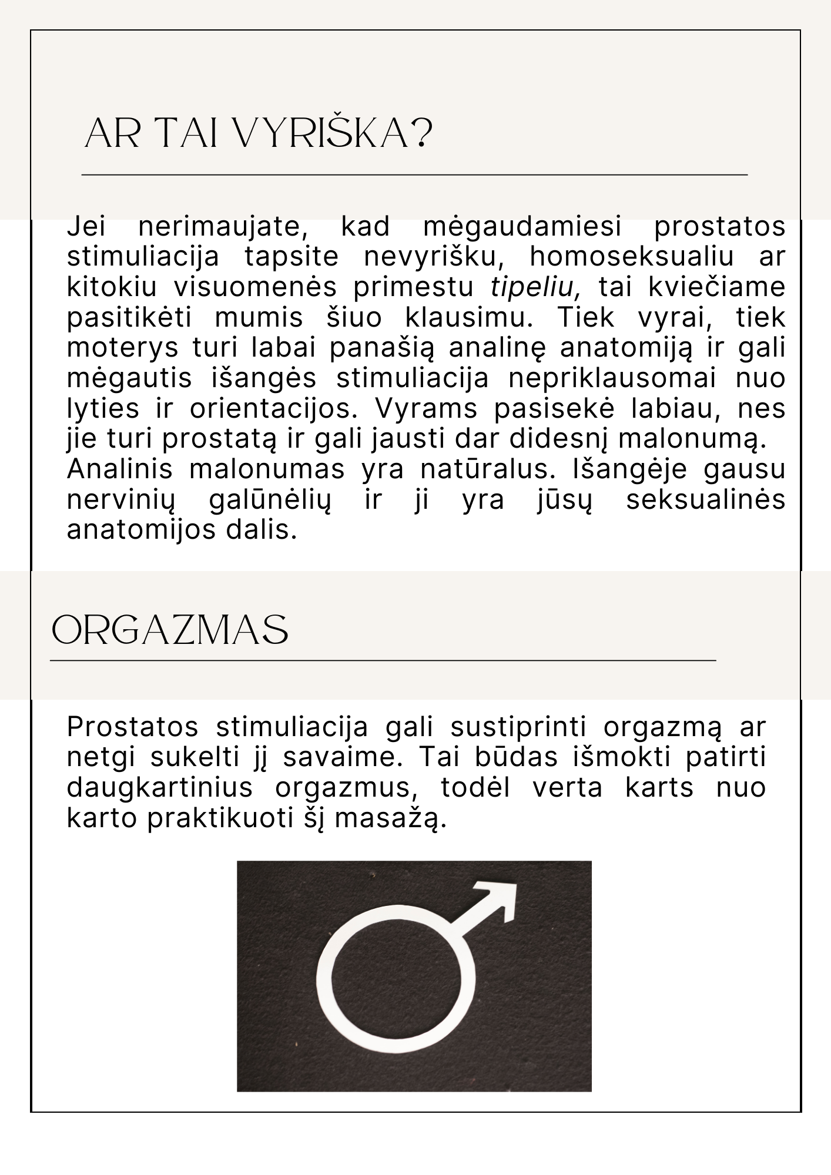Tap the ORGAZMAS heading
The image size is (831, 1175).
click(x=170, y=630)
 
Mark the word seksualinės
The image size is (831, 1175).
click(x=705, y=499)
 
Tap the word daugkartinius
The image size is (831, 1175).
click(x=159, y=787)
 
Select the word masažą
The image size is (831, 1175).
click(x=390, y=818)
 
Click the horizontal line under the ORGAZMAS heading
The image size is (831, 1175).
click(x=383, y=660)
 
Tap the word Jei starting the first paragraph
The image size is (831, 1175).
click(x=86, y=227)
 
